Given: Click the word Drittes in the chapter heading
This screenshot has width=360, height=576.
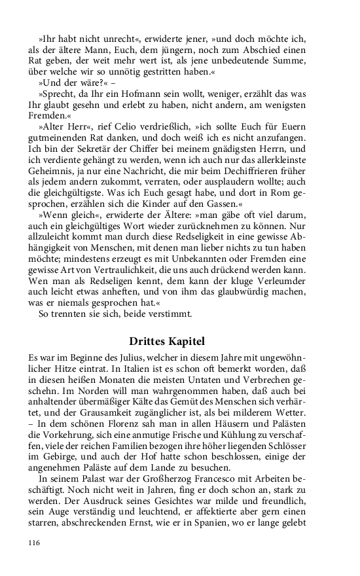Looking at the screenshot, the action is coord(149,341).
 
